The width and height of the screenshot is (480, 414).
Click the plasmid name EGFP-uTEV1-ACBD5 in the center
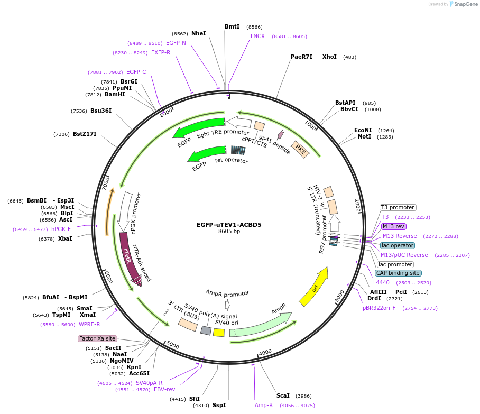(x=229, y=224)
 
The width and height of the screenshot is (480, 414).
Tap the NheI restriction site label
(x=199, y=33)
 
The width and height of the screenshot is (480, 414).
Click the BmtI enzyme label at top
(x=232, y=26)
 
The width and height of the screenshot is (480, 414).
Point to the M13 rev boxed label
(x=394, y=226)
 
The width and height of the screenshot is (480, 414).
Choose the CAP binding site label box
(x=398, y=273)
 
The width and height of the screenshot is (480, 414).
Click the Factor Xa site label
(x=97, y=338)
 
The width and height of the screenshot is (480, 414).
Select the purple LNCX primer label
(x=257, y=36)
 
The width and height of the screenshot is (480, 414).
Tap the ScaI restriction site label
(x=283, y=395)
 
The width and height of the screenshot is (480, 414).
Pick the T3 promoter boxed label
(x=398, y=207)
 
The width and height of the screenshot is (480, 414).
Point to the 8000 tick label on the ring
(x=166, y=113)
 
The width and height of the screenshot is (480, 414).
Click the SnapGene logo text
(x=465, y=4)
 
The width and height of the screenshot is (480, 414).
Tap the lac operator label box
(x=397, y=246)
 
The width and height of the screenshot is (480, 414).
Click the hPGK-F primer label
(x=61, y=229)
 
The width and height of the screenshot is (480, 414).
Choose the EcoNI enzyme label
(x=363, y=130)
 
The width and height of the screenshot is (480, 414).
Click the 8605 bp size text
(x=229, y=231)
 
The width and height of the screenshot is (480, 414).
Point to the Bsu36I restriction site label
(x=101, y=111)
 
